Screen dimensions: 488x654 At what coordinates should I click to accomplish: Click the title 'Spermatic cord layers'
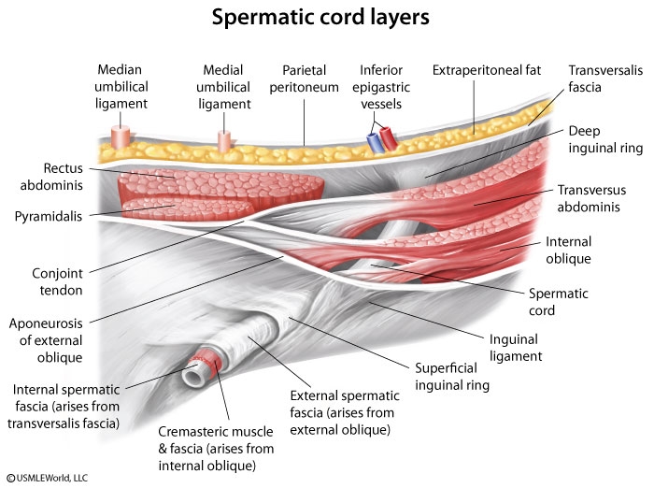(x=327, y=19)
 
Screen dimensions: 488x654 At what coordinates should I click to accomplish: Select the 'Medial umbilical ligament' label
(x=224, y=84)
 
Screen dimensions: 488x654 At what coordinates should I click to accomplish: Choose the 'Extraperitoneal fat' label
(x=486, y=70)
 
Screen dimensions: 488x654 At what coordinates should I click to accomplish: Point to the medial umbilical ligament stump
(x=224, y=140)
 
